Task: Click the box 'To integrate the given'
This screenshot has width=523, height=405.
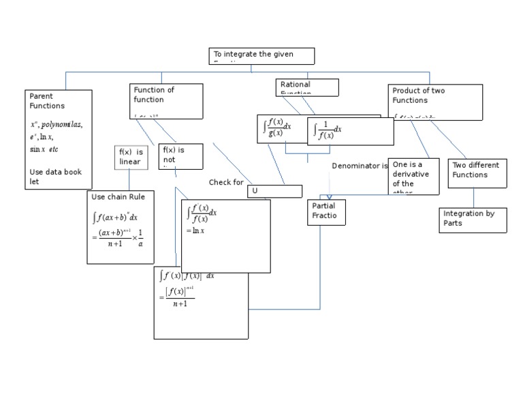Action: coord(261,55)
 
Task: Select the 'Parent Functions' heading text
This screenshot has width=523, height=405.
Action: coord(47,101)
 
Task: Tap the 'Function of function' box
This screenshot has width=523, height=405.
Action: coord(166,100)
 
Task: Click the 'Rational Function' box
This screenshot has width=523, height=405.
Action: coord(307,87)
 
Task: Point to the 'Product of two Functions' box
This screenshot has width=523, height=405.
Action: coord(436,101)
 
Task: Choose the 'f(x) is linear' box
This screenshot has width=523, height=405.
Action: coord(131,157)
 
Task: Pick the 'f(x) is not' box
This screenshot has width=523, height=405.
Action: coord(180,155)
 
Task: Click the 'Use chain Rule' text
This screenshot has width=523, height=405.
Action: coord(118,196)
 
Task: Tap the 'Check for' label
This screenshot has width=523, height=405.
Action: coord(226,183)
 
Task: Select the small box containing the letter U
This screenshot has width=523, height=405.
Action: coord(274,191)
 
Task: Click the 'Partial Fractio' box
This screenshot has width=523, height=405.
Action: coord(326,212)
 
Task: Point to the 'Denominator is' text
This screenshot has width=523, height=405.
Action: coord(360,166)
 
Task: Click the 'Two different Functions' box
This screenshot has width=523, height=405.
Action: coord(477,172)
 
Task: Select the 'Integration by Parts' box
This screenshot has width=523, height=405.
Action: coord(473,220)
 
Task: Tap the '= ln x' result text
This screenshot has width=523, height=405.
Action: coord(195,230)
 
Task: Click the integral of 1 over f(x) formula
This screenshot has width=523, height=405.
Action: coord(327,130)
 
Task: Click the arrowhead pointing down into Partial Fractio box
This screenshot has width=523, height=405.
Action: coord(329,197)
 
